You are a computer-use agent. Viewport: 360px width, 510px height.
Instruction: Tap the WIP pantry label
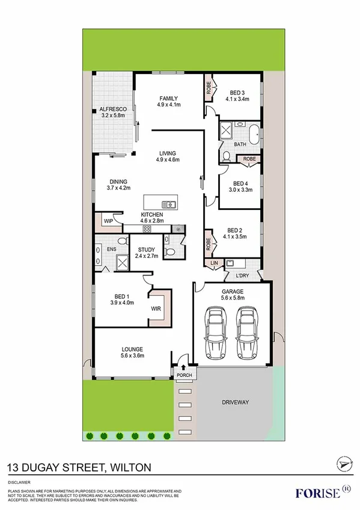(109, 221)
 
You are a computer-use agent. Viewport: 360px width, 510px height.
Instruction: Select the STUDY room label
(147, 250)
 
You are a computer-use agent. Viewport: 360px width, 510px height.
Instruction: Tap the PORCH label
(183, 376)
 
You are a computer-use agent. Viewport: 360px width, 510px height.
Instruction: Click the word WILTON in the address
(130, 466)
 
